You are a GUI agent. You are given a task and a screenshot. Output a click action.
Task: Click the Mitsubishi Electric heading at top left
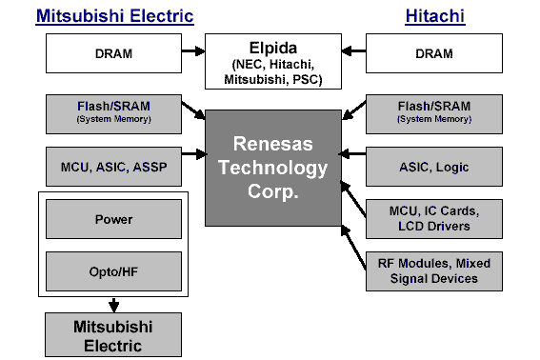[114, 16]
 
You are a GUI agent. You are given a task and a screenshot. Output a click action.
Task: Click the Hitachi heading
[434, 16]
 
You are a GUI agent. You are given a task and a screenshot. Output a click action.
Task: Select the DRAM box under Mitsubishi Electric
[113, 54]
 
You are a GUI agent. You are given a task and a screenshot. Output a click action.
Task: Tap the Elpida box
[273, 61]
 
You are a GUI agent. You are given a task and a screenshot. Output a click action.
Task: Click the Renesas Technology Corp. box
[274, 168]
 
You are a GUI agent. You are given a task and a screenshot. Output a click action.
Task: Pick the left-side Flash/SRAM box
[113, 113]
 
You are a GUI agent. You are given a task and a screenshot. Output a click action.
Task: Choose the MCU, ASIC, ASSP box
[113, 167]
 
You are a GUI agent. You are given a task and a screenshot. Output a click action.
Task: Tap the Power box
[113, 219]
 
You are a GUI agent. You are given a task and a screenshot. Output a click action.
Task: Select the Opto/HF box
[113, 271]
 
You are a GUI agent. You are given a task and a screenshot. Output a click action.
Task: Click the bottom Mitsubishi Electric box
[113, 334]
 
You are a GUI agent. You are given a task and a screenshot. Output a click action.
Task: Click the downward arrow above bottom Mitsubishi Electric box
[113, 305]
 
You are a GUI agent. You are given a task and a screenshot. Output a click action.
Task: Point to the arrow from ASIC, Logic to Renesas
[353, 152]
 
